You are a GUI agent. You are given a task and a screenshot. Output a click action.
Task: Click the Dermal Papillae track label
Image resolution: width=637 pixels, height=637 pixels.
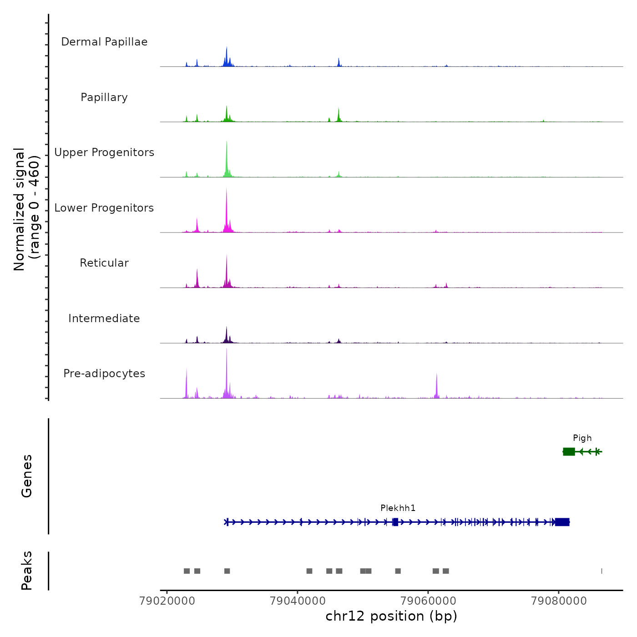[104, 42]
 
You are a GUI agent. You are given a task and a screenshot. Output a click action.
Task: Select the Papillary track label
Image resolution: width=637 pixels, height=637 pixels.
[104, 97]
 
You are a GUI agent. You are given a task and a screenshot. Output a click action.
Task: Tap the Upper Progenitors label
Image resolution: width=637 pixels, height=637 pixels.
[104, 152]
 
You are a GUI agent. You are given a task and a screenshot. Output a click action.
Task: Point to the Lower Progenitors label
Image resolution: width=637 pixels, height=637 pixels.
[104, 208]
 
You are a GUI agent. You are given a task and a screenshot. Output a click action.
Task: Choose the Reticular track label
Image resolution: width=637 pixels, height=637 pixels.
[104, 263]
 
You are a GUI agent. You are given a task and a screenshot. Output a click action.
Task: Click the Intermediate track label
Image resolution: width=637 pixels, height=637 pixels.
[104, 318]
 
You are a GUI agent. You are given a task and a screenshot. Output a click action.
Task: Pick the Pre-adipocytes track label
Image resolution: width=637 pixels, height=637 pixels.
[104, 374]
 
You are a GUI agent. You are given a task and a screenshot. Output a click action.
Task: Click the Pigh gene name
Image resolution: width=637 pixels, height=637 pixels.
[582, 438]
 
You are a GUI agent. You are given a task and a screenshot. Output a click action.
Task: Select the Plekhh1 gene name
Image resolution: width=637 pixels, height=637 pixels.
[398, 508]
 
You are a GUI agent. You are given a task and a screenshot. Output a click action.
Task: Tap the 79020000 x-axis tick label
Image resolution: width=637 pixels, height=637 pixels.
[167, 601]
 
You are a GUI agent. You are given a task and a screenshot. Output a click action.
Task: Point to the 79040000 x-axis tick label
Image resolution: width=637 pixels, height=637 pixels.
[298, 601]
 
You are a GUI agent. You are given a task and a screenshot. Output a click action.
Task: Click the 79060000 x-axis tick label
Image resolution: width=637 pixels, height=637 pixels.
[428, 601]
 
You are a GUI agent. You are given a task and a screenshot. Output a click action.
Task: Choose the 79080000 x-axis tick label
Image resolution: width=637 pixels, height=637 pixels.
[559, 601]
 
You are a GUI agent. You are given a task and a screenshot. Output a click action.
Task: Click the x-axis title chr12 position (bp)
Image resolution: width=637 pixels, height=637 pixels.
[391, 617]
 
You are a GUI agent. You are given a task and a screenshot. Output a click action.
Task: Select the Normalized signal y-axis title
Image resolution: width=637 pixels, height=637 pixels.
[26, 209]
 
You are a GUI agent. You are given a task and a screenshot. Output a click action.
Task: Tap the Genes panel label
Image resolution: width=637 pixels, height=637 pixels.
[27, 476]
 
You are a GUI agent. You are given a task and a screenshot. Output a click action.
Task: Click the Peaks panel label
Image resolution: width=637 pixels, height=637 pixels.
[27, 571]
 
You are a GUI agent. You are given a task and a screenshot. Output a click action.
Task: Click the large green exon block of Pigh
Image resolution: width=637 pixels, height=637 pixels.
[569, 451]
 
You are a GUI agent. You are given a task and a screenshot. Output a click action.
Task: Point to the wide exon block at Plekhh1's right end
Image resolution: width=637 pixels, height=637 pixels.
[562, 522]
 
